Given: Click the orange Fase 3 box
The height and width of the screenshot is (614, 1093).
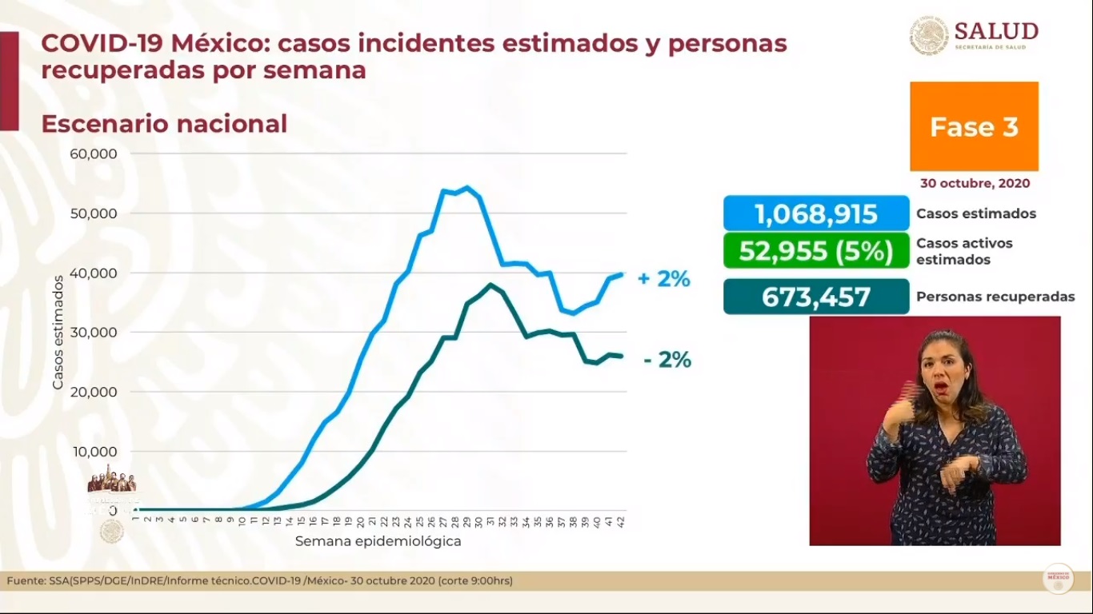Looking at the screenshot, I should click(974, 126).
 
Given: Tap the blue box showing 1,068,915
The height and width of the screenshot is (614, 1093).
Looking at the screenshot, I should click(816, 213).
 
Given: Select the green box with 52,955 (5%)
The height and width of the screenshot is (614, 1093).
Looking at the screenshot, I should click(816, 250).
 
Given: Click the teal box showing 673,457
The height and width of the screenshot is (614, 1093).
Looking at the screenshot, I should click(816, 297).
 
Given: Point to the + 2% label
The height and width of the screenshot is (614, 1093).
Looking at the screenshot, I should click(663, 280).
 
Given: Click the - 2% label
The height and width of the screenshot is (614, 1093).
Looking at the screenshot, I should click(667, 361).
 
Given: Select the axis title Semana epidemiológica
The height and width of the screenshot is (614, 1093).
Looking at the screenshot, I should click(378, 541).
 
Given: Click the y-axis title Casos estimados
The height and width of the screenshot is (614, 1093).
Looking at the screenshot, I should click(58, 332).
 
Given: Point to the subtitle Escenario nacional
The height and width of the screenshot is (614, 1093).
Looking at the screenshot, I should click(164, 124).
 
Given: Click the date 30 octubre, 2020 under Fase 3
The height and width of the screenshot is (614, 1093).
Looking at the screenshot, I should click(975, 183).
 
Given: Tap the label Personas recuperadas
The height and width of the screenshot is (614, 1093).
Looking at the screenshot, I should click(995, 297).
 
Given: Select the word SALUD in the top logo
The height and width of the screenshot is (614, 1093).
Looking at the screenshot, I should click(996, 31).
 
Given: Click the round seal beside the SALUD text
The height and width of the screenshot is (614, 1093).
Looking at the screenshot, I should click(928, 36).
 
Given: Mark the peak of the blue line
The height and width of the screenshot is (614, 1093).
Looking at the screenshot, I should click(467, 188).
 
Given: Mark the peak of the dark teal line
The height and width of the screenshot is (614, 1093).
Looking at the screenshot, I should click(490, 285).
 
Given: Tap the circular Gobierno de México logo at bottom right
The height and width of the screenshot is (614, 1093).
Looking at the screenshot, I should click(1058, 579).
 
